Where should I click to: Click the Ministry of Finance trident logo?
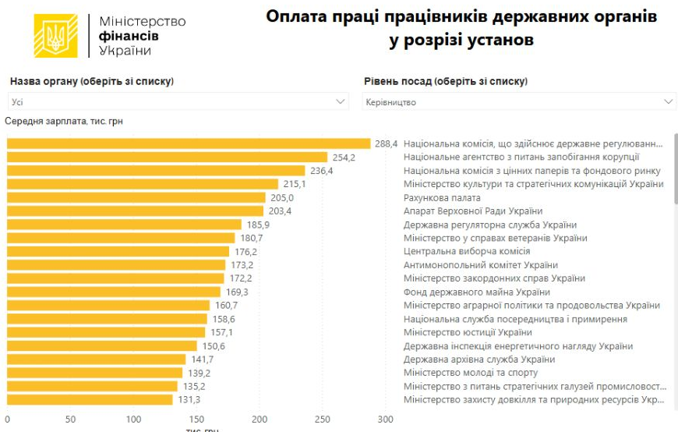click(56, 35)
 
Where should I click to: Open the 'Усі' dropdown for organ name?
click(178, 102)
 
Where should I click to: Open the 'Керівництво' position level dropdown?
click(519, 102)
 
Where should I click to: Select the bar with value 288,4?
click(189, 143)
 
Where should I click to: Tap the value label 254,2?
click(344, 158)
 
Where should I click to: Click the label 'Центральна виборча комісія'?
click(467, 251)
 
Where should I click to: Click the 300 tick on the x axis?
click(385, 420)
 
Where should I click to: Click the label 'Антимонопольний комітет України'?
click(481, 265)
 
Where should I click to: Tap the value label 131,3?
click(189, 400)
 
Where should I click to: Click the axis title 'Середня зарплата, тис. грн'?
click(64, 121)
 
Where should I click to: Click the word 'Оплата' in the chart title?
click(295, 16)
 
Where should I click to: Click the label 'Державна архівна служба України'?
click(479, 359)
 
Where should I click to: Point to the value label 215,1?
click(294, 184)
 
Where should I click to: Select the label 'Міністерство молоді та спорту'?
click(471, 373)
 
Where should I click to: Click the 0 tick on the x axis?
click(8, 420)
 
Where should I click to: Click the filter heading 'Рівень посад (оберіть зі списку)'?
click(446, 81)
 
